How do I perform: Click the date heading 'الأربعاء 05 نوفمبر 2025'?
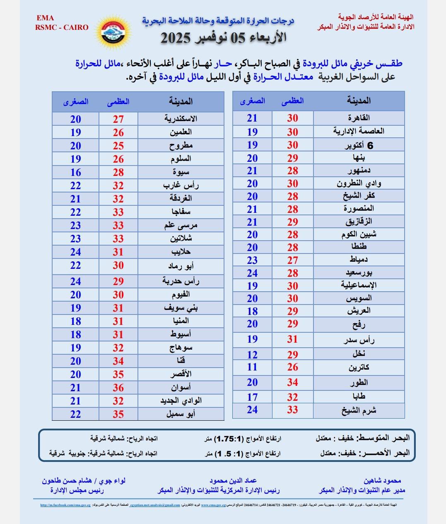[x=224, y=38]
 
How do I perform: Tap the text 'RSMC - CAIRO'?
[x=62, y=27]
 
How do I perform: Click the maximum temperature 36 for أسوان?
[x=118, y=388]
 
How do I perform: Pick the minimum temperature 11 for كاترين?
[x=252, y=367]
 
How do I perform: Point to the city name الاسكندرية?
[x=181, y=119]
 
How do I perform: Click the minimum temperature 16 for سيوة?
[x=75, y=173]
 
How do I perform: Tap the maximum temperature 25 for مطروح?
[x=118, y=146]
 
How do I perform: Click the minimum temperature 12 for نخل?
[x=252, y=355]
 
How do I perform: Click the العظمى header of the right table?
[x=292, y=101]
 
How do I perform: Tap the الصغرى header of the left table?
[x=75, y=102]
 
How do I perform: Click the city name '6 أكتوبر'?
[x=359, y=146]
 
